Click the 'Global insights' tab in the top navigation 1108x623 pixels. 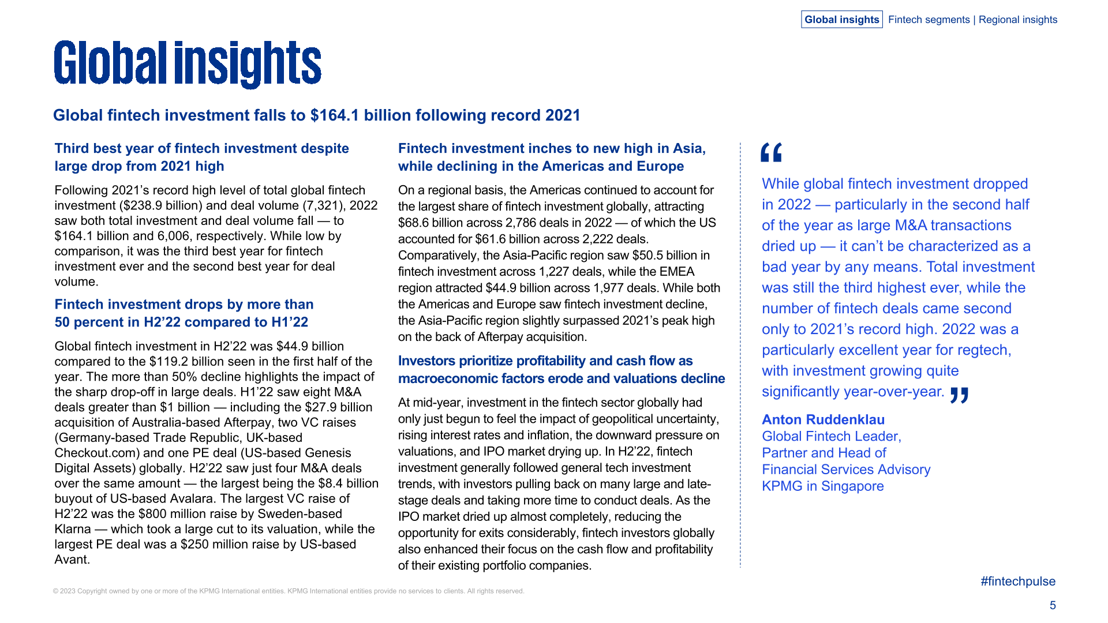[841, 20]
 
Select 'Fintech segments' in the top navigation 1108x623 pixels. [929, 20]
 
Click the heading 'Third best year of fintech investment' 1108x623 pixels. [201, 149]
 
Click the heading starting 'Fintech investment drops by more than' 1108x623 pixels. [184, 305]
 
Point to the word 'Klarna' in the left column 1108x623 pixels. [73, 529]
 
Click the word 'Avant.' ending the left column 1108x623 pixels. [72, 560]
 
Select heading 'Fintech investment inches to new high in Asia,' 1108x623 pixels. [552, 149]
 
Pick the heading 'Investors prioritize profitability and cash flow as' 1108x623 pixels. [545, 361]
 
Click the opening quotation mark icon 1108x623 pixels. [771, 153]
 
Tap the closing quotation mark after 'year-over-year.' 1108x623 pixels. [959, 396]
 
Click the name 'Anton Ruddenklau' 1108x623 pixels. [823, 420]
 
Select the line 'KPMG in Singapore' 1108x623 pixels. [822, 486]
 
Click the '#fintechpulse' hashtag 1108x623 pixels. [1017, 581]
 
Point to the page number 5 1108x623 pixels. [1053, 605]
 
